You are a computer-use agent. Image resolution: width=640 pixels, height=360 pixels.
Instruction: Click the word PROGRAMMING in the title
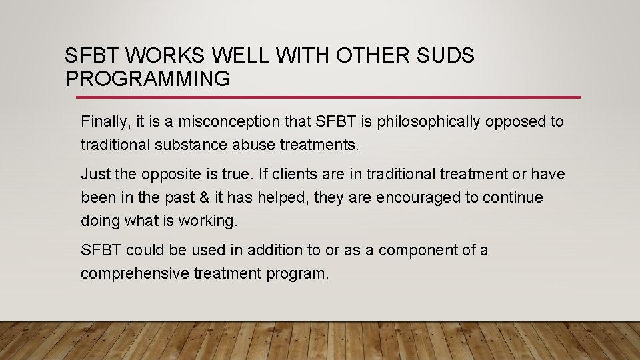[148, 79]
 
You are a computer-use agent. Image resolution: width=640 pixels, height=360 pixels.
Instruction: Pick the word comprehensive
[135, 273]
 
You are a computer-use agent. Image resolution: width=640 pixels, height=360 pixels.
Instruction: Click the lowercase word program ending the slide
[299, 274]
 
